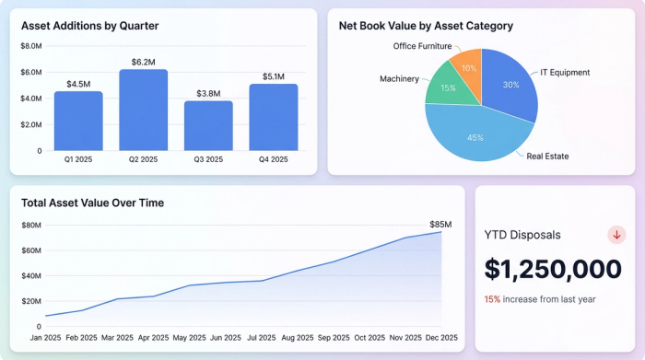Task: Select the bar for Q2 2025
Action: point(143,110)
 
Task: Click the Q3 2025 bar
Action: point(208,125)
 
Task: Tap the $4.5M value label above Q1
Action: point(78,84)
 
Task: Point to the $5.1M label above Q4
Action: point(274,76)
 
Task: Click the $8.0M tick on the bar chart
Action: point(30,45)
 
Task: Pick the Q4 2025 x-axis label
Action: point(274,159)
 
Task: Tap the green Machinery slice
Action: point(447,87)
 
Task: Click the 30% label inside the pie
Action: point(510,85)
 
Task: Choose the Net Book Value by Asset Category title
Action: point(426,26)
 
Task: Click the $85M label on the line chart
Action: point(440,224)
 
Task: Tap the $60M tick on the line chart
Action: point(31,250)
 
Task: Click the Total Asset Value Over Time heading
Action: point(92,203)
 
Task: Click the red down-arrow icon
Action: point(616,235)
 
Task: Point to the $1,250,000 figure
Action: point(553,269)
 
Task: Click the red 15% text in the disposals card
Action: point(492,299)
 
